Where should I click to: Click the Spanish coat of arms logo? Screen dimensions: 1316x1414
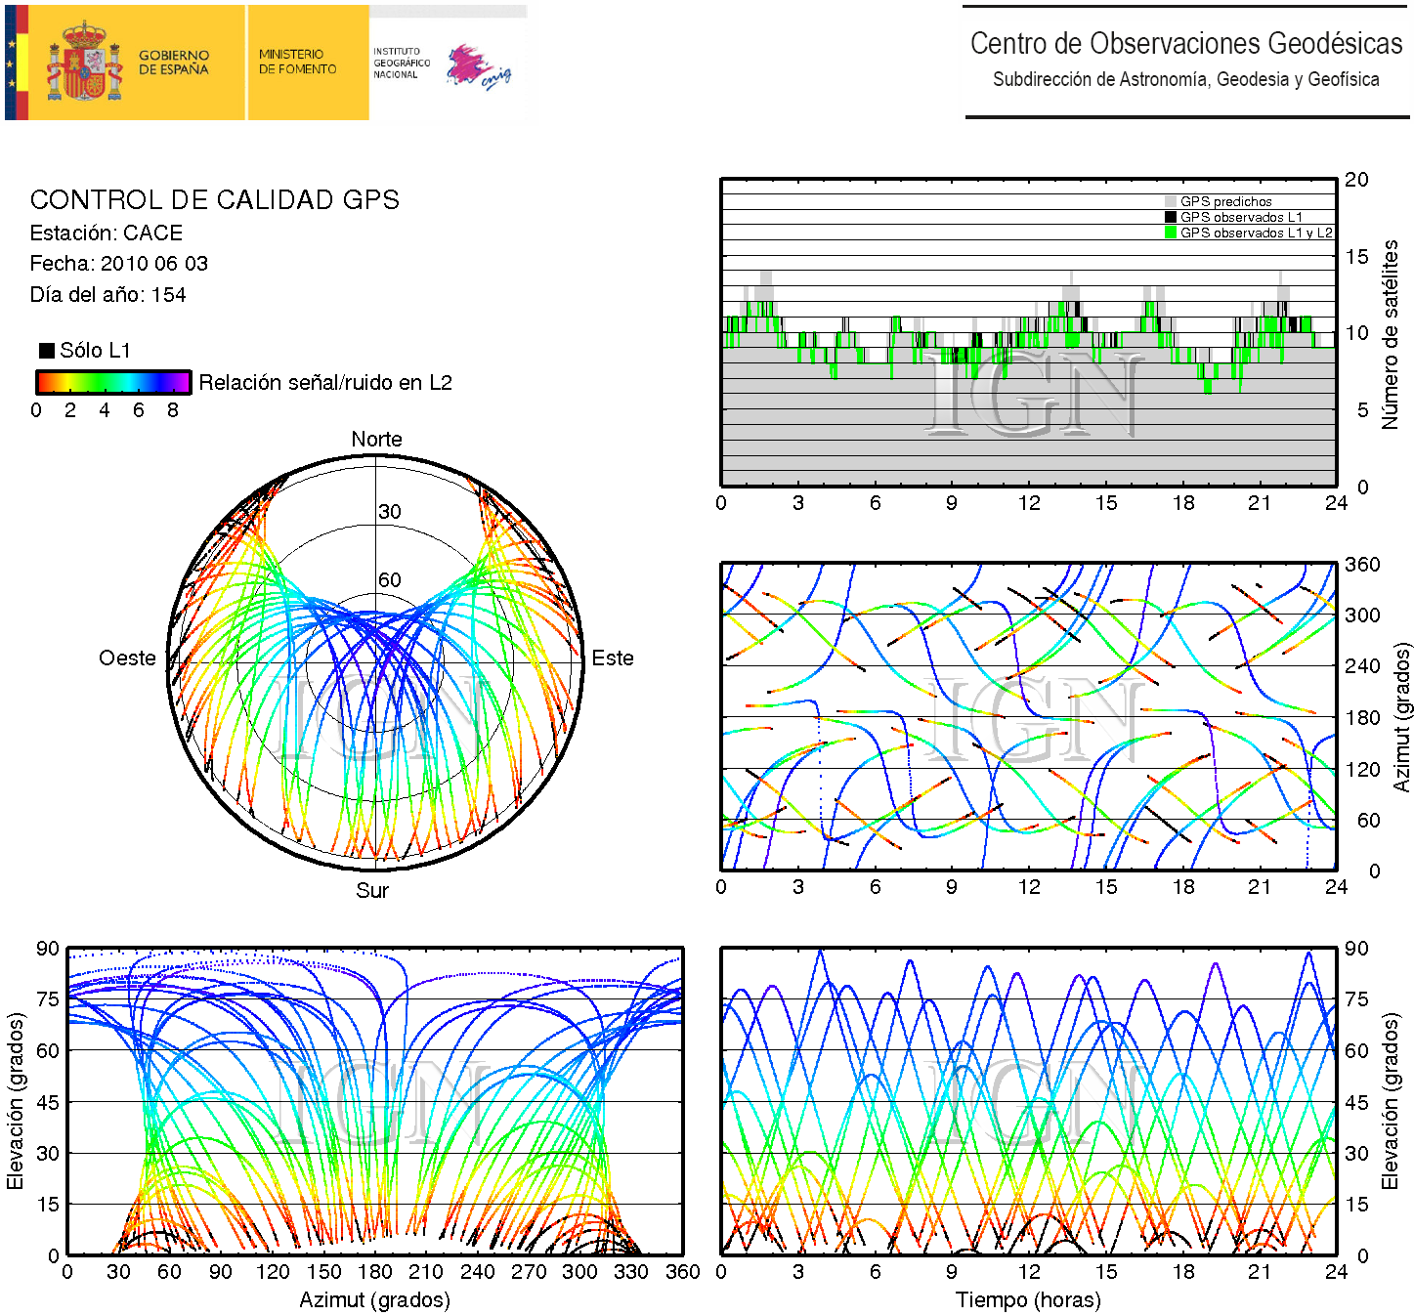pos(85,64)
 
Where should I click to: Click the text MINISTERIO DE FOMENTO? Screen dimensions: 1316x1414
pos(297,62)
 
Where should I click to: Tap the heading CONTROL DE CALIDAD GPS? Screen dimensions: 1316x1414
pos(215,200)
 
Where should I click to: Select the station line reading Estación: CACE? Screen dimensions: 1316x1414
pos(107,233)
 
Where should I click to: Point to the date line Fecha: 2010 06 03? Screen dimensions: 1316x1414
pos(118,264)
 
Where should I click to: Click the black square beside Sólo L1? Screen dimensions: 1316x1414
pos(47,351)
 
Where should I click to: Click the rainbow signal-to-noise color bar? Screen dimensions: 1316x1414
pos(113,382)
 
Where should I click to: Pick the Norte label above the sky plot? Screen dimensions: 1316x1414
pos(376,440)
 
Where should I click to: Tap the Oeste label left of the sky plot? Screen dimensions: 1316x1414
pos(127,658)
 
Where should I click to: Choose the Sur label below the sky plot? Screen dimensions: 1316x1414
pos(372,890)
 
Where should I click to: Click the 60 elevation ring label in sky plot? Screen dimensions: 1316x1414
pos(390,580)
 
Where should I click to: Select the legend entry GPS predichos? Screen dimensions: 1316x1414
pos(1225,201)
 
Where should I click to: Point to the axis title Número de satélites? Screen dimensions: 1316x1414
pos(1390,334)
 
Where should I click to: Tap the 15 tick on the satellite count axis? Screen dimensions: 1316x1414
pos(1356,257)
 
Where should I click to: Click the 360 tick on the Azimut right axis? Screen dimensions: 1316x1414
pos(1362,565)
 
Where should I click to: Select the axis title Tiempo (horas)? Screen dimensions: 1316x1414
pos(1028,1300)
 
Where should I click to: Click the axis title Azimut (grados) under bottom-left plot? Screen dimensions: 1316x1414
pos(374,1300)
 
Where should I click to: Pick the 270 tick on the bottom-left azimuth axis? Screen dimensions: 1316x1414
pos(529,1272)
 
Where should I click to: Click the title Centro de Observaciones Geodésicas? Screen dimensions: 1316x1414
pos(1185,44)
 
